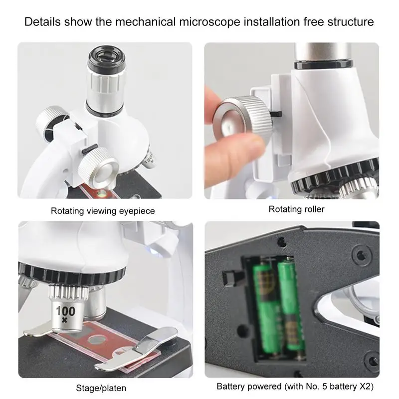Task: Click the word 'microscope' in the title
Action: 209,22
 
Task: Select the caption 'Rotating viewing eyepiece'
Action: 103,211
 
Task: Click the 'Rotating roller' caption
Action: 296,209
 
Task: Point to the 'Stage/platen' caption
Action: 101,388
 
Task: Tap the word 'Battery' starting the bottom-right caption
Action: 232,387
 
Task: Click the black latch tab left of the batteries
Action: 230,276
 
